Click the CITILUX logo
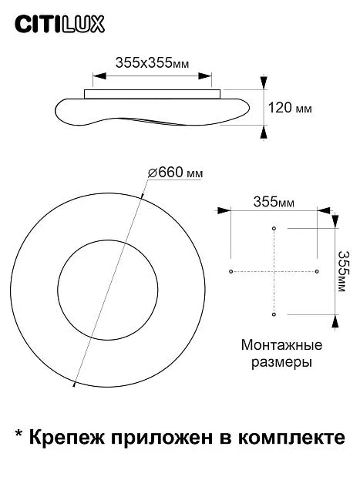pos(60,24)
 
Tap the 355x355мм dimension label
pos(153,63)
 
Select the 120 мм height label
pos(290,108)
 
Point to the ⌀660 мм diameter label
pos(175,173)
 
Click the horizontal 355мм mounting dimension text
pos(274,202)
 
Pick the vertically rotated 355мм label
pos(342,271)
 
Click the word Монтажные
pos(281,345)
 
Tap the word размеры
pos(281,362)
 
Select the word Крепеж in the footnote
pos(67,438)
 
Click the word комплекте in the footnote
pos(291,438)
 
